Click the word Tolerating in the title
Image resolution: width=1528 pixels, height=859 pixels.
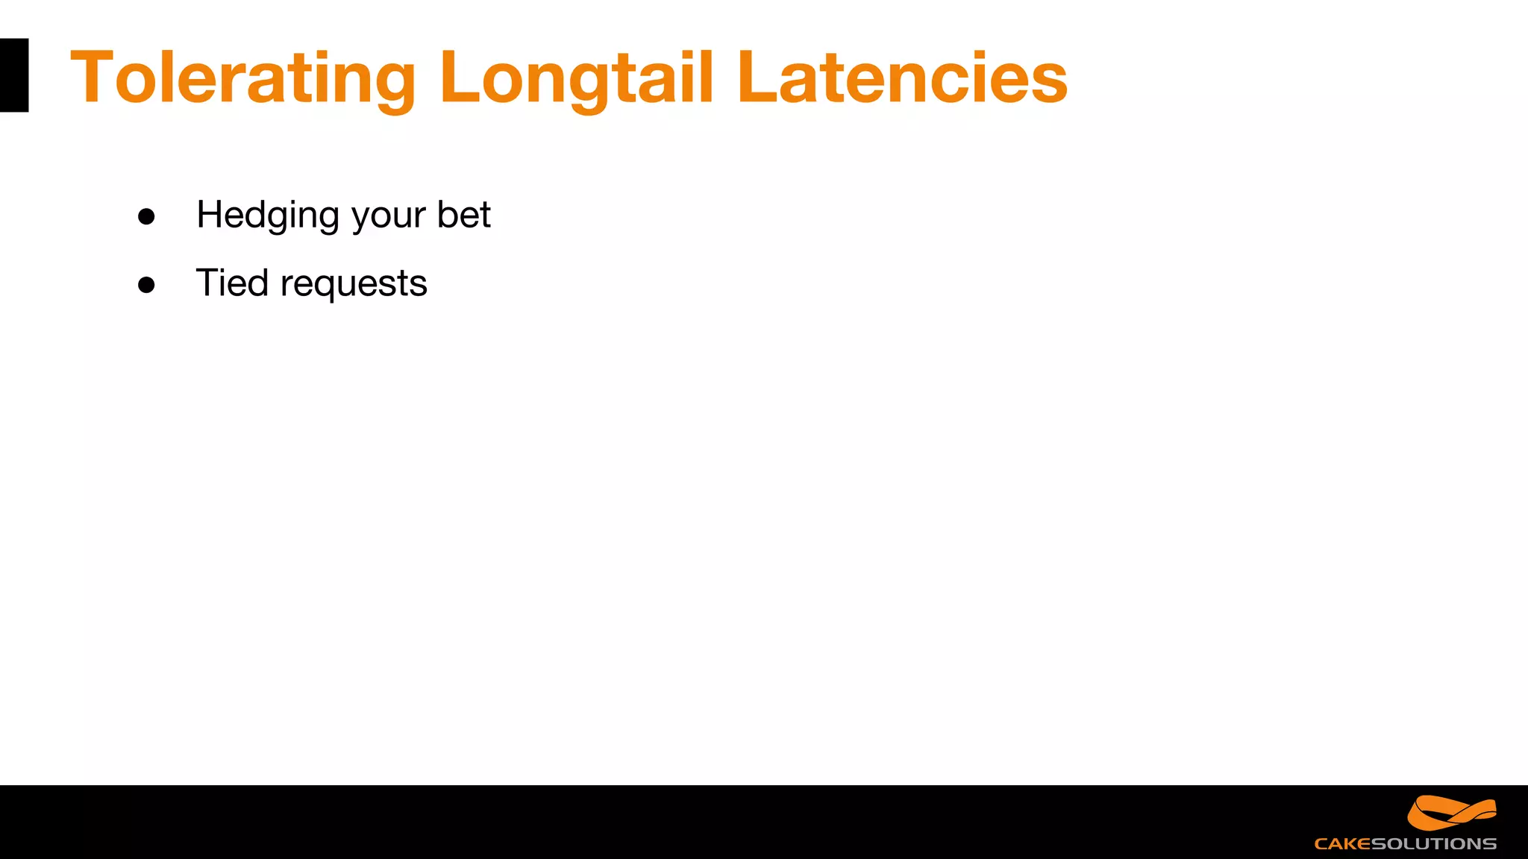point(243,78)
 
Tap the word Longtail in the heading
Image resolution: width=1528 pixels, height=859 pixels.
point(577,78)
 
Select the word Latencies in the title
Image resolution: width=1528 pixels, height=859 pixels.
point(902,78)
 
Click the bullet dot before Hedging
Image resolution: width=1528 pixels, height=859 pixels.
point(146,216)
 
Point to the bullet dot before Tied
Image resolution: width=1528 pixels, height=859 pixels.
point(146,285)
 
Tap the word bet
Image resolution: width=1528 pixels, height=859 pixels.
point(463,215)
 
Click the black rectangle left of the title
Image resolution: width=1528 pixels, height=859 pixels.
point(14,75)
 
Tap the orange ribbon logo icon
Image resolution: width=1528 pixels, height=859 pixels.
point(1451,813)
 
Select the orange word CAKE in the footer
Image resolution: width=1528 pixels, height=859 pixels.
point(1342,844)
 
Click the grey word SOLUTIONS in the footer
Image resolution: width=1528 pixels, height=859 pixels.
point(1434,844)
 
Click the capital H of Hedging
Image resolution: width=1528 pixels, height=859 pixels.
point(210,215)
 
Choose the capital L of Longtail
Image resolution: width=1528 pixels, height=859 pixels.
point(457,78)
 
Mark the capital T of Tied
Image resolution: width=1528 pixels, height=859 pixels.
point(207,283)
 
